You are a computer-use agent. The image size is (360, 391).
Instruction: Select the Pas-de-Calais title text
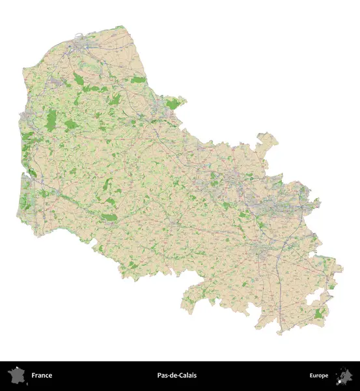(176, 375)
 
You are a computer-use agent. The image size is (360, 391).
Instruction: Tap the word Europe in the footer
(319, 375)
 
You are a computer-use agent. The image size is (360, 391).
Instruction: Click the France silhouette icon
(15, 375)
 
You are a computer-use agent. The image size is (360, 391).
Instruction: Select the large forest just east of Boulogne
(51, 119)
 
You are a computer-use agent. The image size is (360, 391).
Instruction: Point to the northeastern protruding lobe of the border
(267, 140)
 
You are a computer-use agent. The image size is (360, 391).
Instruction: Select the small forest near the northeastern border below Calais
(138, 80)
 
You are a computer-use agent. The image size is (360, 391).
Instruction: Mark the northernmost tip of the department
(120, 27)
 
